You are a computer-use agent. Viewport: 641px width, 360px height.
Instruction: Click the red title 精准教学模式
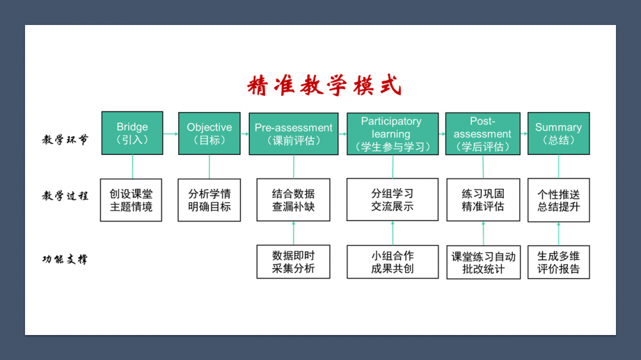click(324, 85)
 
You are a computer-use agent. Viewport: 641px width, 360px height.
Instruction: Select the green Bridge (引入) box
click(132, 133)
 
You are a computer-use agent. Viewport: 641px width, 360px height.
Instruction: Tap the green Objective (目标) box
click(209, 133)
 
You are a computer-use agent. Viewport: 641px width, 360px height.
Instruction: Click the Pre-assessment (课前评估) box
click(294, 134)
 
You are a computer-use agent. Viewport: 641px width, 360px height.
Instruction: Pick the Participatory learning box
click(392, 134)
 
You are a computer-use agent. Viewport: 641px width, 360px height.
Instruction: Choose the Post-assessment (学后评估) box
click(482, 134)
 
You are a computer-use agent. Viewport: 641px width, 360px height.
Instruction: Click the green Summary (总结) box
click(558, 133)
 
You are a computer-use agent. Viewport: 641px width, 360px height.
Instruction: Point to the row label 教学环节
click(65, 140)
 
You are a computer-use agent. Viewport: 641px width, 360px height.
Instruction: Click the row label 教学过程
click(65, 196)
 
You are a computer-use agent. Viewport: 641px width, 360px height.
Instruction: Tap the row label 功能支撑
click(65, 259)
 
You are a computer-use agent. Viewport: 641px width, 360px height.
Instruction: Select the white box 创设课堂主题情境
click(131, 200)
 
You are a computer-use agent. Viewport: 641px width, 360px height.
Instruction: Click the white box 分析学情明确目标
click(209, 200)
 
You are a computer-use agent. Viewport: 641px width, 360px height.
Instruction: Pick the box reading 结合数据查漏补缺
click(294, 200)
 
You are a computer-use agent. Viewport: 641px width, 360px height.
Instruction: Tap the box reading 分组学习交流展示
click(392, 200)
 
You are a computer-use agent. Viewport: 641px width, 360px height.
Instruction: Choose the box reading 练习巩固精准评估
click(483, 200)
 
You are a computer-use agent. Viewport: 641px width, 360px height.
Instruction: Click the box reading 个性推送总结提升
click(558, 200)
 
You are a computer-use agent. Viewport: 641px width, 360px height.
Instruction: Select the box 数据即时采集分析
click(294, 261)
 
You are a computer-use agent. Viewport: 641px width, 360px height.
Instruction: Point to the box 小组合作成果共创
click(392, 261)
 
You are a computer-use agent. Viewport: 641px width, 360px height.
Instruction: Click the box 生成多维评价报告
click(558, 261)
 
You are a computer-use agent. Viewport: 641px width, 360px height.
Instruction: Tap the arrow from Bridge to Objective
click(171, 133)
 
